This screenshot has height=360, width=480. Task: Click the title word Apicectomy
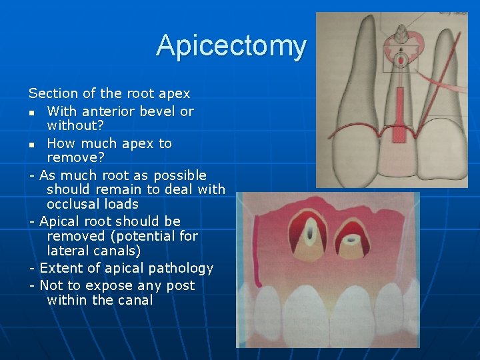tap(231, 46)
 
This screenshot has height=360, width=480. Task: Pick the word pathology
tap(181, 269)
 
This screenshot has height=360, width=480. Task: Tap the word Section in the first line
tap(53, 93)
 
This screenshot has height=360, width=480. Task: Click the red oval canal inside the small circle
tap(401, 59)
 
